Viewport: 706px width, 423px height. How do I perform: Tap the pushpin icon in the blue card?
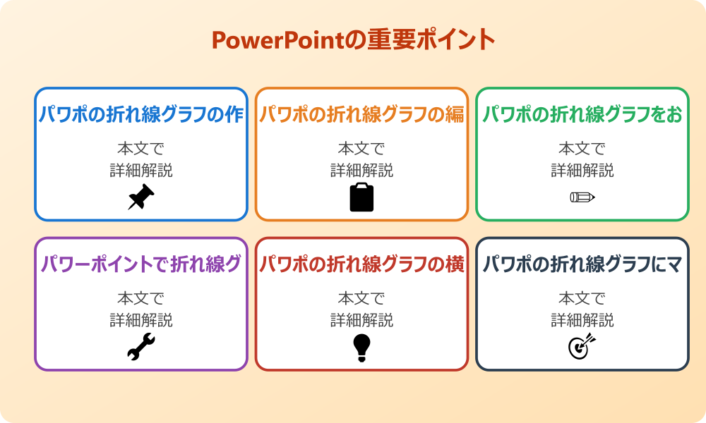click(x=141, y=197)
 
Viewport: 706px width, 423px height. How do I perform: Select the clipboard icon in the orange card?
click(x=361, y=197)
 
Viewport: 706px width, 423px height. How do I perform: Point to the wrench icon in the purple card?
click(x=141, y=347)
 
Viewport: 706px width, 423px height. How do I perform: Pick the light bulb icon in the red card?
click(x=361, y=347)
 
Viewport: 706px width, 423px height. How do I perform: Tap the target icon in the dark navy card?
click(x=582, y=346)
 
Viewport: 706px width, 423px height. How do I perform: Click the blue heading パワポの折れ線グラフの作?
click(x=141, y=115)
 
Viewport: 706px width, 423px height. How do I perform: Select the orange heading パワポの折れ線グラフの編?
click(x=361, y=115)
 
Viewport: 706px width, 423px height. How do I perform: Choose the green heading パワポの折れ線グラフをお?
click(x=582, y=115)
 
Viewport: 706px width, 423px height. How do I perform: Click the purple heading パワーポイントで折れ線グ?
click(x=141, y=264)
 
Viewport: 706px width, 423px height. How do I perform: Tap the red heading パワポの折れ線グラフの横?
click(x=361, y=264)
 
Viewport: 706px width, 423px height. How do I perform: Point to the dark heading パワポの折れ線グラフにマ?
click(x=582, y=264)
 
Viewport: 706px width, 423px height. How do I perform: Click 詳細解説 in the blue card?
click(x=141, y=171)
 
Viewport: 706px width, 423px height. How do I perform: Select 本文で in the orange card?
click(x=361, y=149)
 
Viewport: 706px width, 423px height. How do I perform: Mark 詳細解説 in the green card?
click(x=582, y=171)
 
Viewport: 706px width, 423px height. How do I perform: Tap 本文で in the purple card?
click(x=141, y=298)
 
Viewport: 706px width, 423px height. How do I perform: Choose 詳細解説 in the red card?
click(x=361, y=320)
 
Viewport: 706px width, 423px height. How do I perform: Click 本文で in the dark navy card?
click(x=582, y=298)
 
